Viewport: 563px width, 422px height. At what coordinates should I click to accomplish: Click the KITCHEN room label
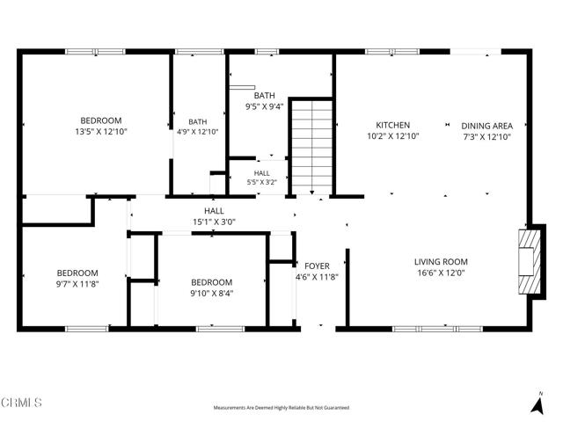[x=393, y=125]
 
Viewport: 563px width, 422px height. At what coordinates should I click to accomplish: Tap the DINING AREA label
[x=486, y=126]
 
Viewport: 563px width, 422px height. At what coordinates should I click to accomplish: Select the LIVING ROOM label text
[x=441, y=262]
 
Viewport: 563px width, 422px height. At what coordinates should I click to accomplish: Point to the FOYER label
[x=317, y=266]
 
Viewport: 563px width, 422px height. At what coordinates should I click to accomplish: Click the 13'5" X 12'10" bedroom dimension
[x=101, y=132]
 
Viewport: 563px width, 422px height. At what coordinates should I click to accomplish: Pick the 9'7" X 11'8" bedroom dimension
[x=77, y=284]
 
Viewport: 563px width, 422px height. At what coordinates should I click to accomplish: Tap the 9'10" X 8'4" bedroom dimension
[x=212, y=294]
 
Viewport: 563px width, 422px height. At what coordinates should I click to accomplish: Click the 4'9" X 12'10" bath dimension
[x=197, y=132]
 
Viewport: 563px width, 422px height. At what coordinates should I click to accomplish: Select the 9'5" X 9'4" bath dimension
[x=265, y=106]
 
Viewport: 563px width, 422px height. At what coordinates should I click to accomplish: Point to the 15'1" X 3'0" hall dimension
[x=214, y=222]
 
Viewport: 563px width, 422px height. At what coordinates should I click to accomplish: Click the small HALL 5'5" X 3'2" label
[x=262, y=178]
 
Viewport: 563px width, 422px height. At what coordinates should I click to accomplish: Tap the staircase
[x=312, y=148]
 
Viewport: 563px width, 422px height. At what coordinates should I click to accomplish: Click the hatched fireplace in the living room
[x=530, y=262]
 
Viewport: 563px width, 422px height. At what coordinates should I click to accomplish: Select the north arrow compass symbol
[x=537, y=404]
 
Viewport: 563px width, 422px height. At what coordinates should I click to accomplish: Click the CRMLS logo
[x=21, y=403]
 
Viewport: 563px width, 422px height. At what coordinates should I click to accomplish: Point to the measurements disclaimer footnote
[x=281, y=408]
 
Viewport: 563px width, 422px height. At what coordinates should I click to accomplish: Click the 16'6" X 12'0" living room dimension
[x=441, y=273]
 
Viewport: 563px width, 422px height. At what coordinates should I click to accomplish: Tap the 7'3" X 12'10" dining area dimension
[x=487, y=137]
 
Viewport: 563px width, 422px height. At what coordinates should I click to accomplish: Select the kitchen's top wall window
[x=392, y=52]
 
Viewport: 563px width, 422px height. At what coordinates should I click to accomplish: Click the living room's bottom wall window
[x=437, y=329]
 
